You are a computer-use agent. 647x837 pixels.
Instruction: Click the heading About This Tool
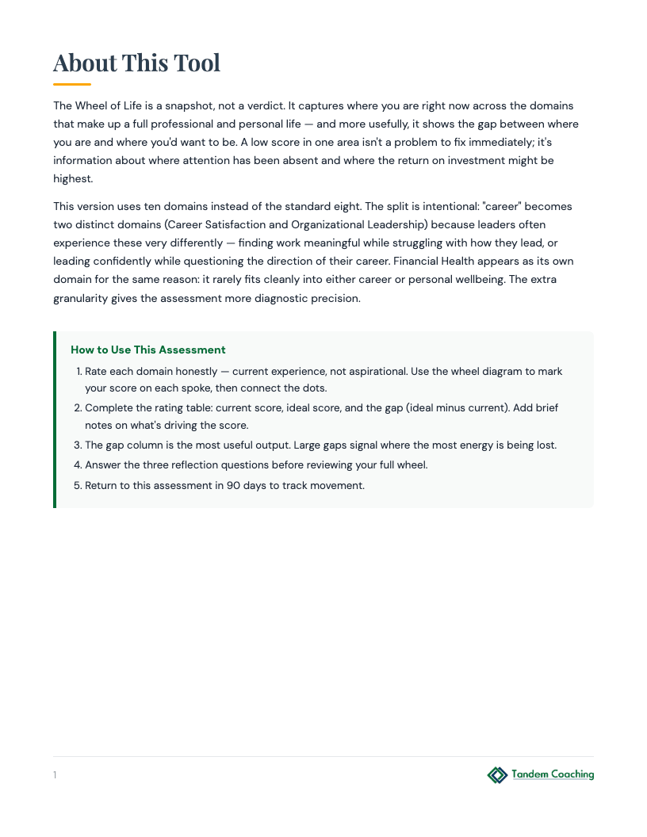136,63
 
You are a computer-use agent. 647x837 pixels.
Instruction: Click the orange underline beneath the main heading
72,84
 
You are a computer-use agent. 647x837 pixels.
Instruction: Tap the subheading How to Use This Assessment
148,350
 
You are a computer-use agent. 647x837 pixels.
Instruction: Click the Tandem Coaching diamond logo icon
497,774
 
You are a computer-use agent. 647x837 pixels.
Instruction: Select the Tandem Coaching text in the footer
553,774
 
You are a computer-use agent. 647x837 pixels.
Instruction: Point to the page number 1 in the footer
55,775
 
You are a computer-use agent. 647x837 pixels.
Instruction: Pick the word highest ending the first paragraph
72,178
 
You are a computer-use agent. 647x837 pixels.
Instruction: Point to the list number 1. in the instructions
78,371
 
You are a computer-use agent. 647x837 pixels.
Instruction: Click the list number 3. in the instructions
78,445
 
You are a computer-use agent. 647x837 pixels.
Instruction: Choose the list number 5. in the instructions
78,485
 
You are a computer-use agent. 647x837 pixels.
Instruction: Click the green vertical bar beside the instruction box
55,419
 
